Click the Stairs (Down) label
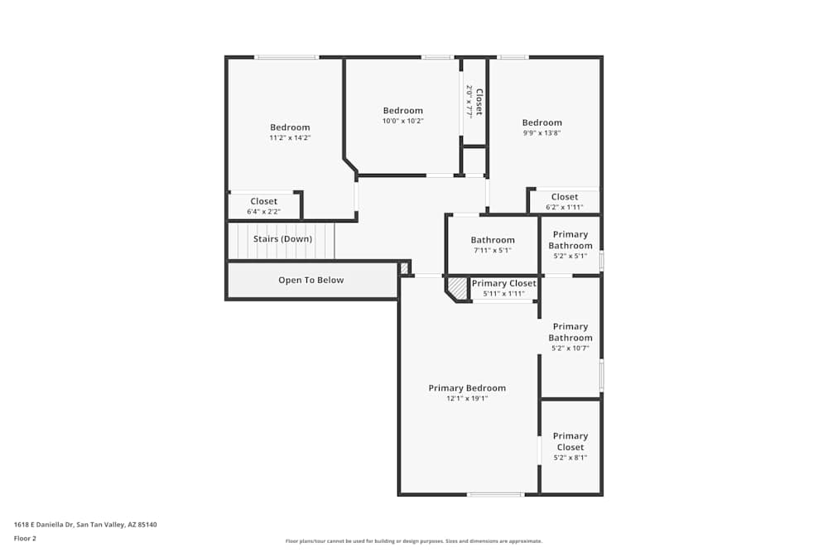click(x=282, y=239)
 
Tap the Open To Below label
click(x=310, y=280)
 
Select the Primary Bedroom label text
click(x=467, y=388)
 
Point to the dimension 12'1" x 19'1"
click(x=467, y=399)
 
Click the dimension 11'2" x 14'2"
click(x=290, y=138)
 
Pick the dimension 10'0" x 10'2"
click(x=402, y=121)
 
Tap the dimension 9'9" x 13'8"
click(x=542, y=133)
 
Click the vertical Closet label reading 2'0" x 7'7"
click(x=474, y=101)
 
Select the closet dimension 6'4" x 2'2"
click(x=263, y=212)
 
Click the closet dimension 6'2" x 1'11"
click(x=565, y=208)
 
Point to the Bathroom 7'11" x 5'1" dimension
click(x=493, y=251)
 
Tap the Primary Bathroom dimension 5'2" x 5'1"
click(x=570, y=257)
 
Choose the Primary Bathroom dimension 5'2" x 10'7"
click(x=570, y=348)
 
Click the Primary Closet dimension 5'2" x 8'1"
click(x=570, y=458)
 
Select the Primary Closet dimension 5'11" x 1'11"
click(x=503, y=294)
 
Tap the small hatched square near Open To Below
click(x=404, y=267)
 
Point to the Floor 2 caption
click(x=25, y=538)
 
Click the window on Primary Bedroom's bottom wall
click(x=494, y=494)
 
